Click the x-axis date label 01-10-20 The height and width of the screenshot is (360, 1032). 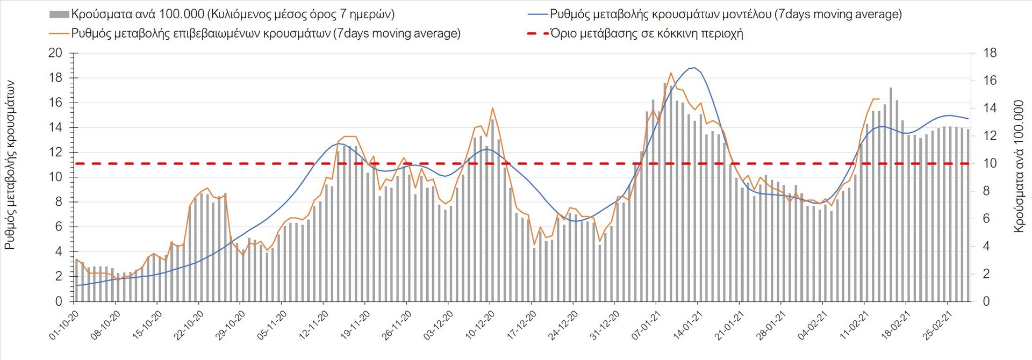[x=64, y=325]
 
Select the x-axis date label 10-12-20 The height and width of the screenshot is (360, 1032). [x=480, y=325]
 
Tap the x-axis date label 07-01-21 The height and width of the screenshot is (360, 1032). [x=646, y=325]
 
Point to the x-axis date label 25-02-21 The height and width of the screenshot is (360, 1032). [x=937, y=325]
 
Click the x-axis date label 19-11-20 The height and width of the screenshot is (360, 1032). [x=355, y=325]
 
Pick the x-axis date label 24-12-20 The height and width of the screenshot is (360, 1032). [x=563, y=325]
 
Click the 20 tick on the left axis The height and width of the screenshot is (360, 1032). [x=55, y=53]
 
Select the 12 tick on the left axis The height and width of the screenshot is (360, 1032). [x=55, y=152]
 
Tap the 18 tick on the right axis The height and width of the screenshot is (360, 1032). [x=990, y=53]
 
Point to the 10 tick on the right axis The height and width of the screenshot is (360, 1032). [x=990, y=163]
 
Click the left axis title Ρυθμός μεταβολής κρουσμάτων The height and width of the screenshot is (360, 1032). [x=10, y=165]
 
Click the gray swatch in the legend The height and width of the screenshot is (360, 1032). [x=59, y=14]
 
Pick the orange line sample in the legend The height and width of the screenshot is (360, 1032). [x=59, y=33]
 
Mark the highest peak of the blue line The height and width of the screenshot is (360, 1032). [x=694, y=68]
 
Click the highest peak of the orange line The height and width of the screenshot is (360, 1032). [x=671, y=73]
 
